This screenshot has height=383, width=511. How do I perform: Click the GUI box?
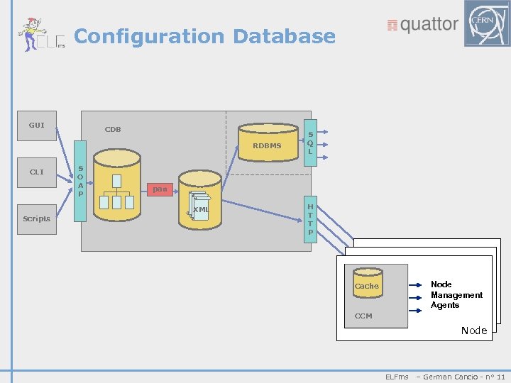point(36,126)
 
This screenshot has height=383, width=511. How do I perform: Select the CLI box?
point(36,172)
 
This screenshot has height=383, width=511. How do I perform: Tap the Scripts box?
point(36,218)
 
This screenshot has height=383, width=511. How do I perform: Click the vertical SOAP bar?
point(80,181)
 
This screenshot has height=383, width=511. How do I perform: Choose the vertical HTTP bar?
point(310,219)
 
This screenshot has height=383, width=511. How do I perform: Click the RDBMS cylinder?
point(268,143)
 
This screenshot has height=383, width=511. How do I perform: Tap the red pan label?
point(160,189)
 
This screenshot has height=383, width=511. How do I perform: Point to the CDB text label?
point(113,129)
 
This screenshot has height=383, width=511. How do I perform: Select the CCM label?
point(363,316)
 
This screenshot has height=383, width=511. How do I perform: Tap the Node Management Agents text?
point(456,294)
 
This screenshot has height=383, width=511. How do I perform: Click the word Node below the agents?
point(473,331)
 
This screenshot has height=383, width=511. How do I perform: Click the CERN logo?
point(486,23)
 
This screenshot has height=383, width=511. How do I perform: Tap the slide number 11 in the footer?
point(501,377)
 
